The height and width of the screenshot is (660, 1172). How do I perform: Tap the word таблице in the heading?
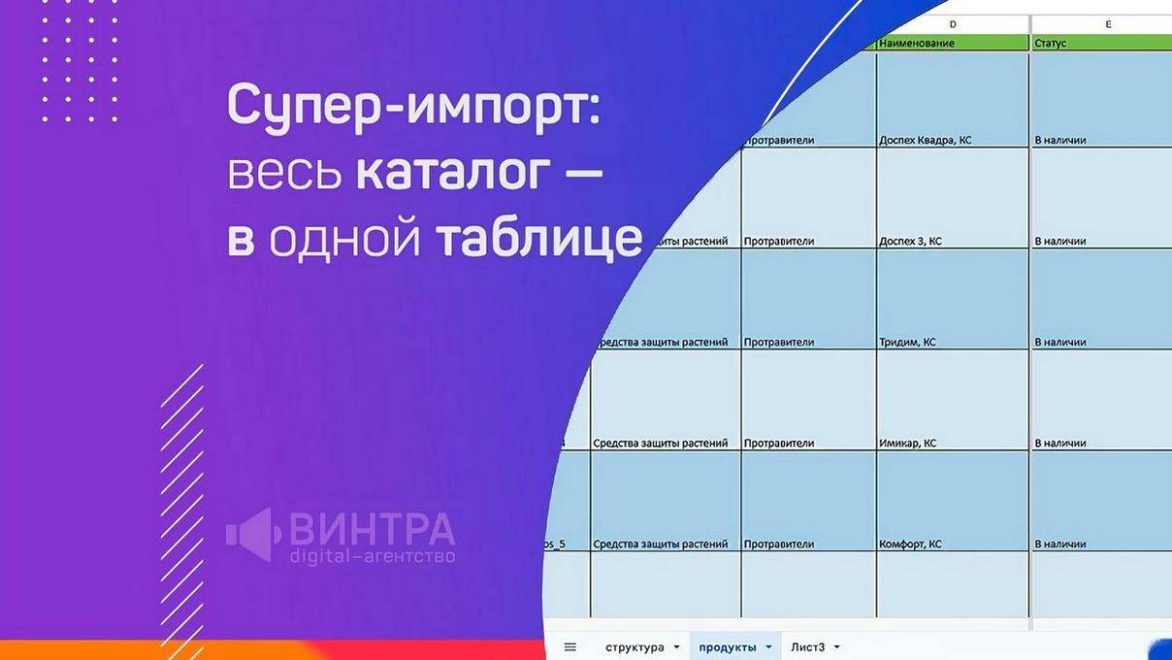[x=538, y=239]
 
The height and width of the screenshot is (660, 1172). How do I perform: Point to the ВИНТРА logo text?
[x=372, y=529]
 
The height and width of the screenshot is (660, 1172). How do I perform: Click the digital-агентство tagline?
[x=372, y=557]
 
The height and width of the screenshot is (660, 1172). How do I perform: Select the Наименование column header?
[x=917, y=43]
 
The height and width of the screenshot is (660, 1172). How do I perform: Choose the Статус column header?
[x=1051, y=43]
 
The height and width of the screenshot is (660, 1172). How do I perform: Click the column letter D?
[x=952, y=23]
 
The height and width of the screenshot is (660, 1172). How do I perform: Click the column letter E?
[x=1108, y=23]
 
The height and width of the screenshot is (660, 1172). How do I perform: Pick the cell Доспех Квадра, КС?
[x=925, y=140]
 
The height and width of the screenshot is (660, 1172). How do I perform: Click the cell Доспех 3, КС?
[x=910, y=241]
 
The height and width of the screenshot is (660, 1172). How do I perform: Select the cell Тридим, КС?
[x=907, y=342]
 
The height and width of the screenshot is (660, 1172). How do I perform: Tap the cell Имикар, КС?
[x=907, y=443]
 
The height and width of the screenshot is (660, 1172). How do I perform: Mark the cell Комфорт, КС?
[x=910, y=544]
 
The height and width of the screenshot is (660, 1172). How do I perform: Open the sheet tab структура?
[x=635, y=647]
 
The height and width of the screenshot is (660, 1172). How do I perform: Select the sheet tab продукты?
[x=728, y=647]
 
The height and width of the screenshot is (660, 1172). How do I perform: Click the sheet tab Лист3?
[x=807, y=647]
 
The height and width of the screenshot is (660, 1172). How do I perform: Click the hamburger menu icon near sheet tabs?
[x=570, y=647]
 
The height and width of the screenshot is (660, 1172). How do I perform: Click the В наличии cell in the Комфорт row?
[x=1060, y=544]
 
